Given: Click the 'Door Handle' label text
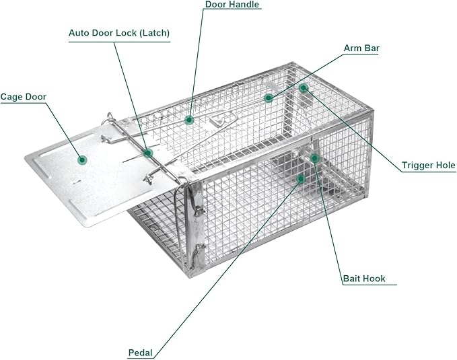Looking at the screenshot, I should point(232,5).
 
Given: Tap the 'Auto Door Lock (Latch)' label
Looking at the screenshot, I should point(119,32).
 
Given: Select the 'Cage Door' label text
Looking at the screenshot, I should point(23,97).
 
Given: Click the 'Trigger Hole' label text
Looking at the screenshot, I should point(428,165).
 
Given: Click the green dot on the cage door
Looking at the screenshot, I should point(82,159).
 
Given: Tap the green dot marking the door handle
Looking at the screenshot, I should point(190,120).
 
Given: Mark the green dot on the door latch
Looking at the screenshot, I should point(148,153).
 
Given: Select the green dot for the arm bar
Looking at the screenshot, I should point(269,98).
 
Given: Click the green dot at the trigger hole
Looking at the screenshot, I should point(304,87).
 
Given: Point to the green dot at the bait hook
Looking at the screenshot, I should point(314,157).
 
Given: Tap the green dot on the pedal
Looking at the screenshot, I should point(301,178).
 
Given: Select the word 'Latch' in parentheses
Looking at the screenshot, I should point(154,32).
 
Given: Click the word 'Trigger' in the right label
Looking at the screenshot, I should point(417,165).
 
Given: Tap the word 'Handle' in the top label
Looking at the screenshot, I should point(244,5).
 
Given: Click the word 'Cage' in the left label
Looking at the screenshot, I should point(11,97).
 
